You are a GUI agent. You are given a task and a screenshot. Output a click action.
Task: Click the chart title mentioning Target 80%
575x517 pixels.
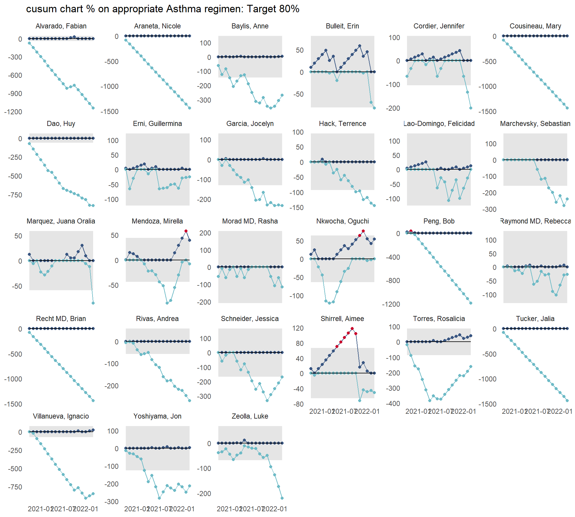point(163,9)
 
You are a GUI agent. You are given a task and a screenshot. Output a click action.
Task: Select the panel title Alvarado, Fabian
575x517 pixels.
point(61,26)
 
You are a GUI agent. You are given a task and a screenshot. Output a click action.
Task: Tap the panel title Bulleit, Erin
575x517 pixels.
point(342,26)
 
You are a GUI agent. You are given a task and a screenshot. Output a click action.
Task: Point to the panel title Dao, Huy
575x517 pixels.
point(61,124)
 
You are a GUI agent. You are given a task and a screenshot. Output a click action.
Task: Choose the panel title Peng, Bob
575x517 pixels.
point(439,221)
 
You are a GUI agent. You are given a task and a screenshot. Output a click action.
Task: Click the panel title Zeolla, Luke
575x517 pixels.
point(250,416)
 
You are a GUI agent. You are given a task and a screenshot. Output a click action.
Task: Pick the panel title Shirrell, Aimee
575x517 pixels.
point(342,319)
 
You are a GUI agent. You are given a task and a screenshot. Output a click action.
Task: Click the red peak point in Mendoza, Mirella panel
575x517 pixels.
point(186,231)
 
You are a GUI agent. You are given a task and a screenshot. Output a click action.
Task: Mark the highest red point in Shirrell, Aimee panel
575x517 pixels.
point(352,329)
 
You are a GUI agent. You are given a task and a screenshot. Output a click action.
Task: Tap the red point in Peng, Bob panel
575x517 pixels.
point(411,231)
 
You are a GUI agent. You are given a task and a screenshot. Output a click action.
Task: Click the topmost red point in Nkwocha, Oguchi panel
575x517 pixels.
point(363,231)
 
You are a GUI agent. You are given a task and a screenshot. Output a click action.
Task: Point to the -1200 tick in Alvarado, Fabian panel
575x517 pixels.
point(13,112)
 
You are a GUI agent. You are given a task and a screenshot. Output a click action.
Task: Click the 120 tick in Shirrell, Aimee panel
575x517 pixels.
point(298,328)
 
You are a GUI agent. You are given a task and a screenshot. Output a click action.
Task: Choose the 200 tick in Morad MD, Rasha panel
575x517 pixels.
point(205,233)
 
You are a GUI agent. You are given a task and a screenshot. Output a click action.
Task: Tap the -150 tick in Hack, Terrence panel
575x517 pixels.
point(296,208)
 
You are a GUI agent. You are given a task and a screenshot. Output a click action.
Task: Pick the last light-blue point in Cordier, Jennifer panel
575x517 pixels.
point(471,108)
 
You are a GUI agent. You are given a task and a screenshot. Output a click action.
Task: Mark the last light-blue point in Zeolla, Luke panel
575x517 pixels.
point(282,498)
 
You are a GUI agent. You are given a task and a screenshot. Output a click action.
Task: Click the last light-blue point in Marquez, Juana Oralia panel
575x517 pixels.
point(93,303)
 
